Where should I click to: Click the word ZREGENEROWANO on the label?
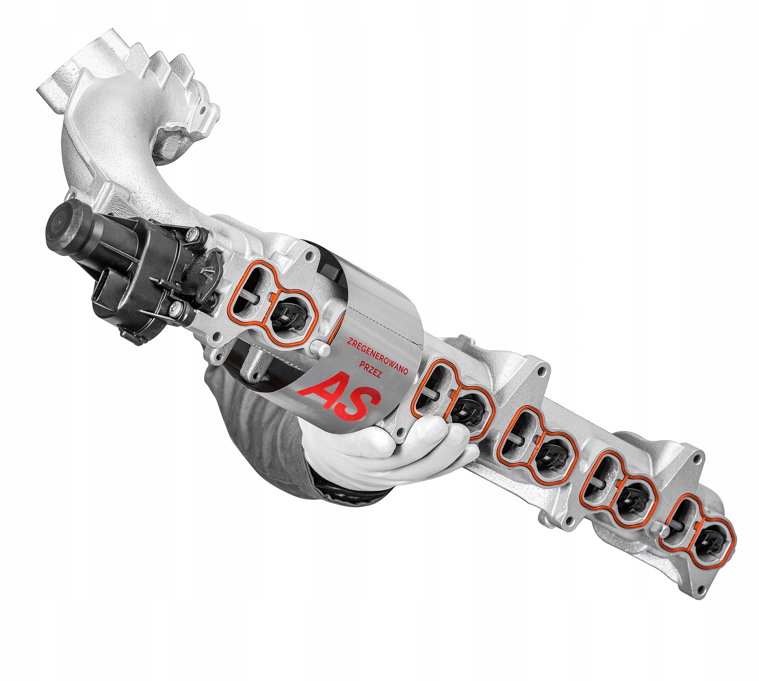(377, 356)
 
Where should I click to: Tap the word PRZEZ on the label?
(370, 369)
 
